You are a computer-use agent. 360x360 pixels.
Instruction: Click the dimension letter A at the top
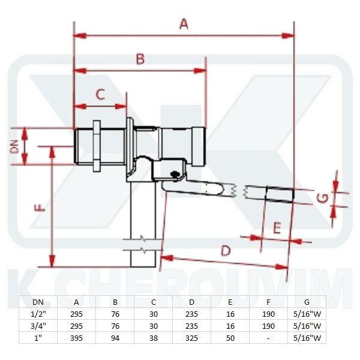184,23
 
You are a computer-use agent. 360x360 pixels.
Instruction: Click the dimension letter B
140,59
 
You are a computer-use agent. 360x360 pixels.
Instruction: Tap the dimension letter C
100,94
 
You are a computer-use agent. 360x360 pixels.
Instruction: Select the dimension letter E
277,227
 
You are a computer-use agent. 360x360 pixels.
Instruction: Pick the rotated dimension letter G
322,197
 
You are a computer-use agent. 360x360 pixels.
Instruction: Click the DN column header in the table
37,303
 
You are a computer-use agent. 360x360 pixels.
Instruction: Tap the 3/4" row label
37,326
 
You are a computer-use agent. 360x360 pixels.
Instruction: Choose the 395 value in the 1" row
76,337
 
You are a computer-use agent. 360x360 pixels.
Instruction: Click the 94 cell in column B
115,337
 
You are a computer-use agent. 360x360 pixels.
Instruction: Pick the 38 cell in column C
153,337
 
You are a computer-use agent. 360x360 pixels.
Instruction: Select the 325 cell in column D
191,337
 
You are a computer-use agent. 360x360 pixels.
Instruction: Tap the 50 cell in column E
230,337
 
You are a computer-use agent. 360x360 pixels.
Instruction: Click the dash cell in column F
268,337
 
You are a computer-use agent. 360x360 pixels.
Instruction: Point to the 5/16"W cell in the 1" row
307,337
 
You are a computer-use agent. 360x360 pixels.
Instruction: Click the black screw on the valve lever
176,175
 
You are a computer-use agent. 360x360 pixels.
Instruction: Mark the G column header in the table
307,303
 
